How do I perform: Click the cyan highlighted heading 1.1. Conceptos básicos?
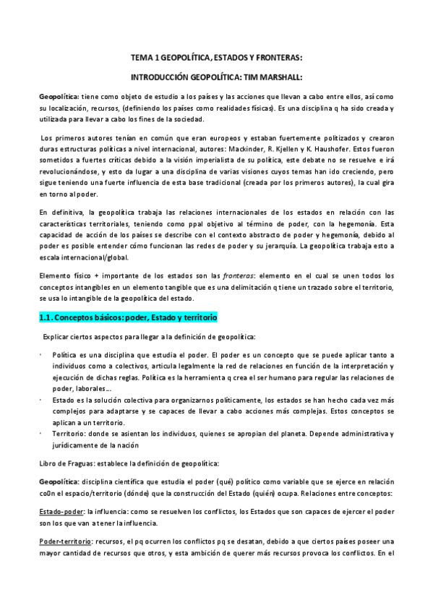tap(128, 318)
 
